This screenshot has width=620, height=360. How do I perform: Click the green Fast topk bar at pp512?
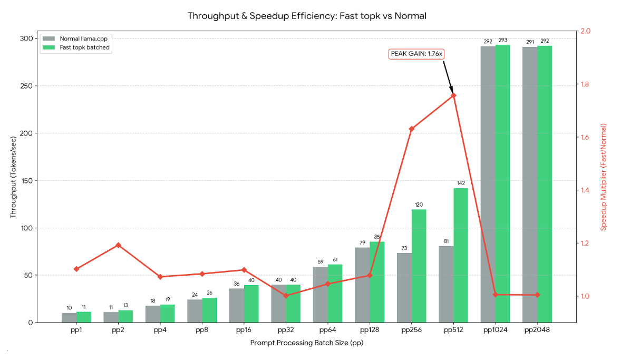coord(461,255)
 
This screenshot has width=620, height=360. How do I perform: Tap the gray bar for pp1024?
coord(488,184)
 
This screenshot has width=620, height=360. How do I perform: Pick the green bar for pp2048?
coord(545,184)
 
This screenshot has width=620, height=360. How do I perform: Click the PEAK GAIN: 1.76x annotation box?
coord(416,54)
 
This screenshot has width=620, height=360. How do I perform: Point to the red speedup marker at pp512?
coord(453,95)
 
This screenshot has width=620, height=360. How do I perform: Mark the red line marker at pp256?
coord(411,129)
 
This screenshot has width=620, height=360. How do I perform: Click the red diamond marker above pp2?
coord(118,245)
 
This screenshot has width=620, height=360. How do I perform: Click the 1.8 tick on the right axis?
coord(586,84)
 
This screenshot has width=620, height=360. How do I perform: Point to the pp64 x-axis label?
coord(327,330)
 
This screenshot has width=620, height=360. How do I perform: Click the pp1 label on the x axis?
coord(76,330)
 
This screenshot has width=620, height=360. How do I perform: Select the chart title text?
coord(307,16)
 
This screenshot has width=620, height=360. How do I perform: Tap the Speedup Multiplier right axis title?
coord(604,176)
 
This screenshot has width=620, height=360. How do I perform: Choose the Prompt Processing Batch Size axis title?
coord(307,343)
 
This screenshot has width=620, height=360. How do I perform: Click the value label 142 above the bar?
coord(461,183)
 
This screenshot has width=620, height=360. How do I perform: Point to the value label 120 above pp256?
coord(419,205)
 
